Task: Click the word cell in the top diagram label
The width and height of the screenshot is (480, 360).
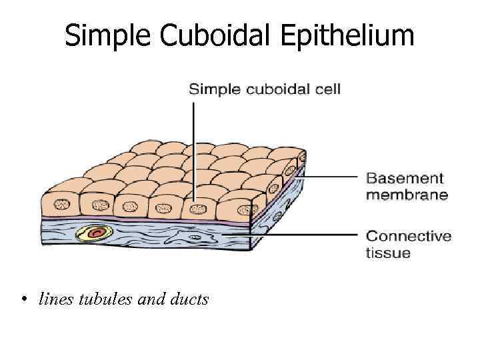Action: (328, 89)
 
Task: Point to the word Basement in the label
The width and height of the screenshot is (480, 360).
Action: (404, 178)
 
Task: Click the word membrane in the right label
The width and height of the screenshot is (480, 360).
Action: (406, 195)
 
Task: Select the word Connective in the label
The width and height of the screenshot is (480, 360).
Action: (409, 236)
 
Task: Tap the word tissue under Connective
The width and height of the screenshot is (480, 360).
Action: (388, 253)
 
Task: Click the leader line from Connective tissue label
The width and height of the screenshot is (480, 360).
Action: (307, 234)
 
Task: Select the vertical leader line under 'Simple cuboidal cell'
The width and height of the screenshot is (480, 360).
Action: (194, 147)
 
